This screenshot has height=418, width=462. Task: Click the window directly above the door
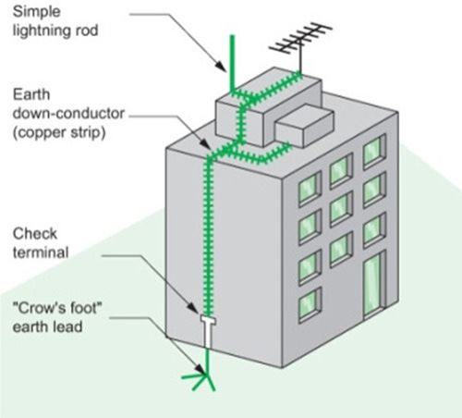pos(374,224)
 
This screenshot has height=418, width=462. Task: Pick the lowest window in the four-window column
pos(310,301)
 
